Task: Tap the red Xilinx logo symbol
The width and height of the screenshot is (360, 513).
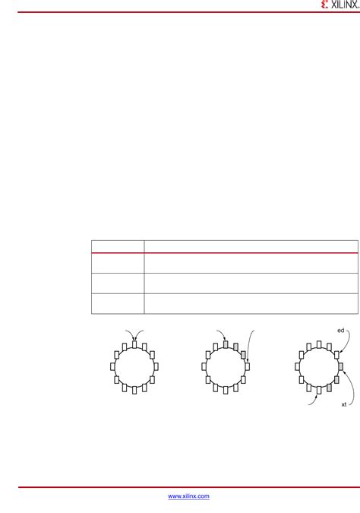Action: coord(325,5)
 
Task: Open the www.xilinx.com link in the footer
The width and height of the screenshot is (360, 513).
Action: coord(188,496)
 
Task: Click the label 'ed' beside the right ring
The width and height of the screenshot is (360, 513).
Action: coord(341,331)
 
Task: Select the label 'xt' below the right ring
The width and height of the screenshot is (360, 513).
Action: coord(343,405)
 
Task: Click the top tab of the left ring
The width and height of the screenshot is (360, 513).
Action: coord(134,344)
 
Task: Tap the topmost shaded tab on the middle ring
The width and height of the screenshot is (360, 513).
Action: coord(226,344)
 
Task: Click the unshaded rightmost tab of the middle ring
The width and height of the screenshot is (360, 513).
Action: coord(248,367)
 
